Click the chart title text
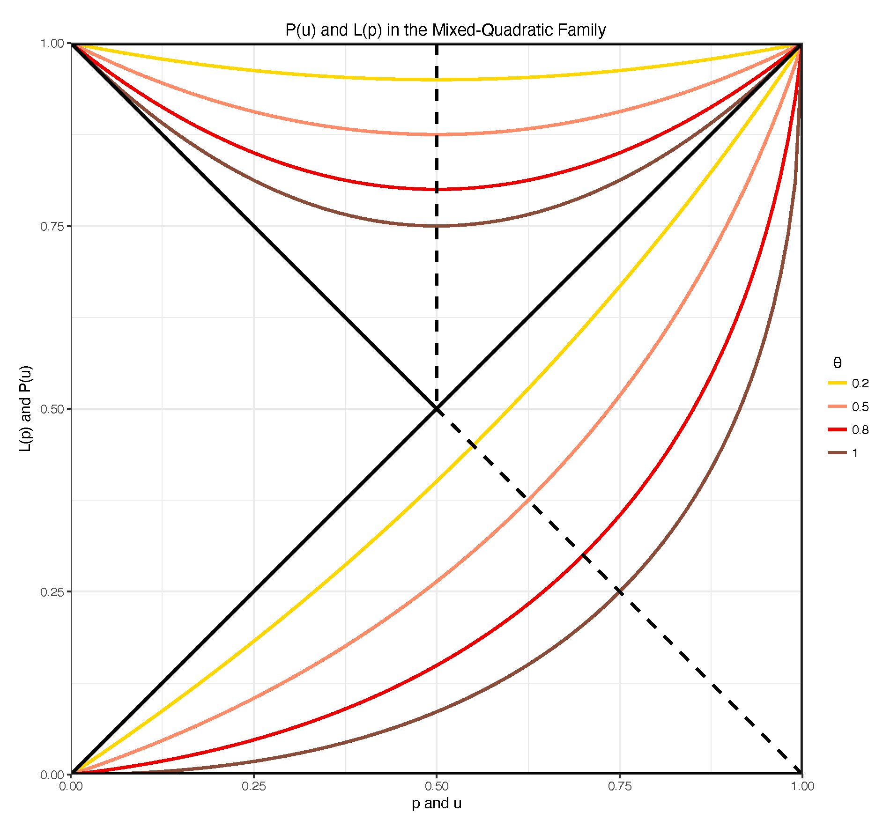click(x=445, y=30)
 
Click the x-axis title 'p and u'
click(x=437, y=803)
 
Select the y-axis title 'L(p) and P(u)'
click(x=26, y=408)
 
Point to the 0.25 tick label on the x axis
click(x=253, y=786)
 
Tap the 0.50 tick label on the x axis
click(x=437, y=786)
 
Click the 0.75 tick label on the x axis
click(x=619, y=786)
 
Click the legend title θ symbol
click(x=838, y=363)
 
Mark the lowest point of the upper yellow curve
click(x=437, y=80)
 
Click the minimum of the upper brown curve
click(x=437, y=226)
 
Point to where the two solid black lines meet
click(x=437, y=409)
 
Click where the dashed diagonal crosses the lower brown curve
click(x=620, y=591)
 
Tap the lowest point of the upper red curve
click(x=437, y=190)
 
